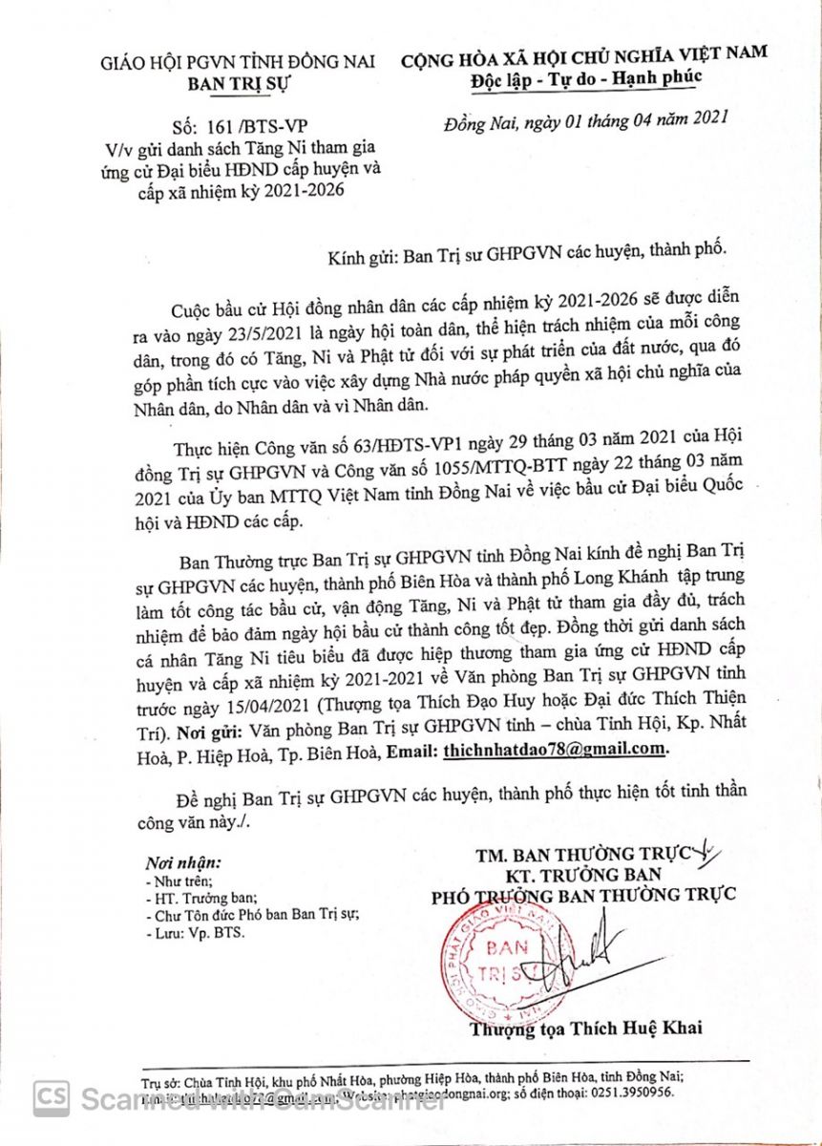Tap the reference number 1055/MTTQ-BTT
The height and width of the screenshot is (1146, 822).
pyautogui.click(x=526, y=471)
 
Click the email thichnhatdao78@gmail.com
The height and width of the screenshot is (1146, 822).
pyautogui.click(x=555, y=750)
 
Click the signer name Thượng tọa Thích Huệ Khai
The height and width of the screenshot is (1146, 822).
pyautogui.click(x=585, y=1028)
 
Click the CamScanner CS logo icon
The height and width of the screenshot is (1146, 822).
pyautogui.click(x=52, y=1098)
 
